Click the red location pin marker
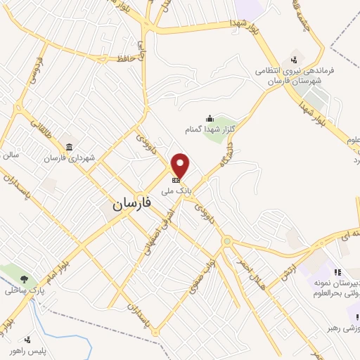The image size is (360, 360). point(181,165)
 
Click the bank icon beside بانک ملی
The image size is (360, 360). point(175,179)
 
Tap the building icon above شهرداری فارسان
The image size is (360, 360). point(69,147)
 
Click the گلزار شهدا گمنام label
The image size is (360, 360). point(209,129)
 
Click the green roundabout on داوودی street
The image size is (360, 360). point(228,242)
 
